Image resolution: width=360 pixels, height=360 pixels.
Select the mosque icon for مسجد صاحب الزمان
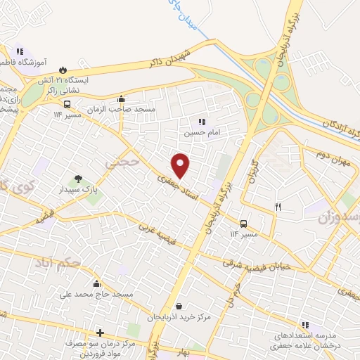pyautogui.click(x=121, y=99)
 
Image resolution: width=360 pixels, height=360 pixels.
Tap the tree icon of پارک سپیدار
pyautogui.click(x=79, y=179)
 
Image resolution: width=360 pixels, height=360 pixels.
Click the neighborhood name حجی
pyautogui.click(x=114, y=164)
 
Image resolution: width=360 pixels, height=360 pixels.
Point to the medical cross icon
pyautogui.click(x=101, y=333)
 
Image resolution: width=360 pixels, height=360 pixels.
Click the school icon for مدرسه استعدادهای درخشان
pyautogui.click(x=305, y=325)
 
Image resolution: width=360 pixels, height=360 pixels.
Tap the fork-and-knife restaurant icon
pyautogui.click(x=278, y=206)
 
